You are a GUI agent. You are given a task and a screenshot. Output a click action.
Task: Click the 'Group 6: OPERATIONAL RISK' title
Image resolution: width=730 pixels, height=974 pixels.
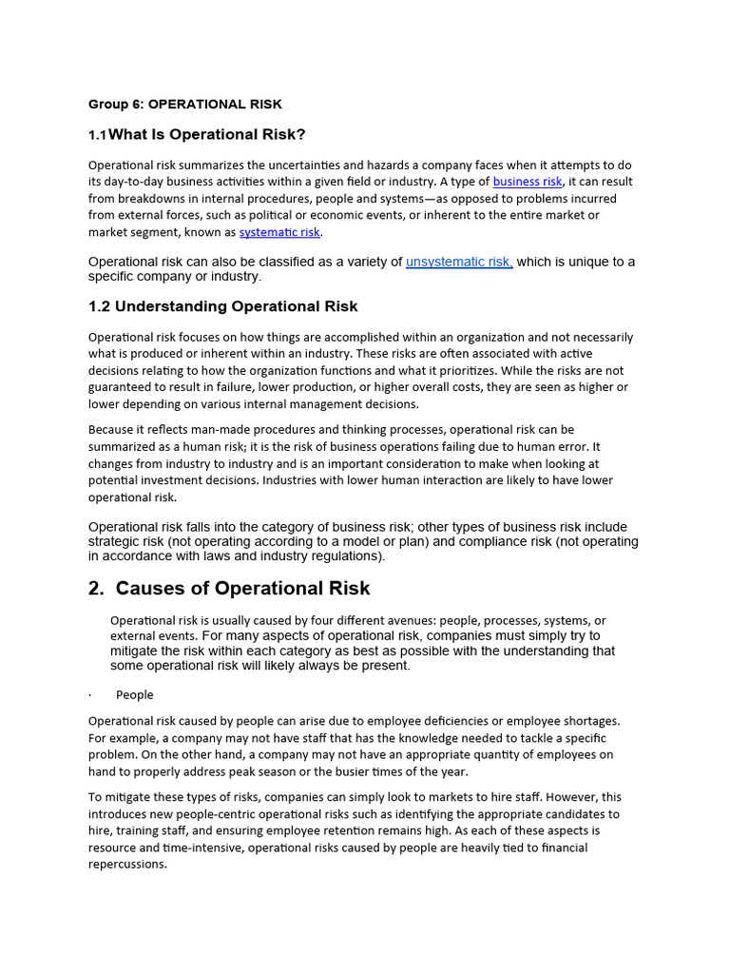[185, 104]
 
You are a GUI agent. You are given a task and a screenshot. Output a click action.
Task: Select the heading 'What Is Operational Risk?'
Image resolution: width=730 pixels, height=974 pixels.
[207, 134]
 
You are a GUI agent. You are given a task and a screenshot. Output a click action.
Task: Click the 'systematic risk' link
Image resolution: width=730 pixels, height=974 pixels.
[280, 232]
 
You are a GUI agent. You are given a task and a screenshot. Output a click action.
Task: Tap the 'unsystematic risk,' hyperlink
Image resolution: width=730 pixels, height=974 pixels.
[459, 262]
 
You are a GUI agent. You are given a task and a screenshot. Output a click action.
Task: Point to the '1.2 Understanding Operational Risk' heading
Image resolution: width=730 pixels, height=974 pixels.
[222, 306]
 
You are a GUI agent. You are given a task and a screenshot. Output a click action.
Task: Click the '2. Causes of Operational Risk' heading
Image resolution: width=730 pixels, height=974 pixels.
[229, 588]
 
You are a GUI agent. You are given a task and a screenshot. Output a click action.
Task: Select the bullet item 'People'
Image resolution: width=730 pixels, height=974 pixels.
[134, 694]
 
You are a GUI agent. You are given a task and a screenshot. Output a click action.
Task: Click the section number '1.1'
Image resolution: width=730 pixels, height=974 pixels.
[98, 135]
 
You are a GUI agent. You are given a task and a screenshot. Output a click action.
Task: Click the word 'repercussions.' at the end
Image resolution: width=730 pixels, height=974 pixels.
[127, 866]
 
